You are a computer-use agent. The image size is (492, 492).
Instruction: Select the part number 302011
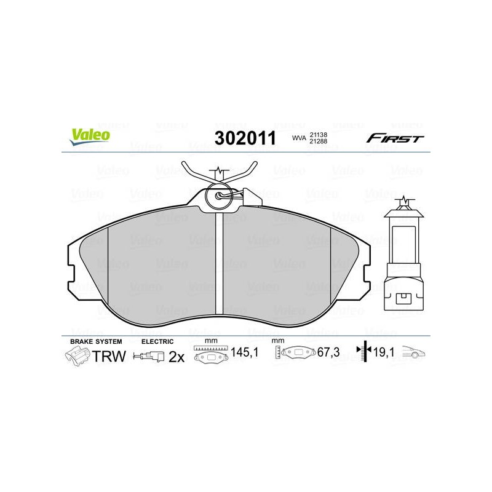click(245, 138)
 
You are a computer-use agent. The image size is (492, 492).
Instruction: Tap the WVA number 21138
click(319, 135)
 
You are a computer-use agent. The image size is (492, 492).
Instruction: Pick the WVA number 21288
click(319, 141)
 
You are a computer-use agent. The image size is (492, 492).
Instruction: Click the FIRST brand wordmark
click(395, 138)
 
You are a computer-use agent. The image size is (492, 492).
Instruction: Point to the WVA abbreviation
click(299, 138)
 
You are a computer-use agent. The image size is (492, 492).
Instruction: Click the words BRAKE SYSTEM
click(96, 341)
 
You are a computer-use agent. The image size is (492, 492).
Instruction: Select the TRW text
click(109, 356)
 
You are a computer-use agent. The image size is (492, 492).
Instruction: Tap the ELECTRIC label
click(157, 341)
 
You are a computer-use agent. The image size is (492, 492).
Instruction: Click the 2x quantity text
click(177, 357)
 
